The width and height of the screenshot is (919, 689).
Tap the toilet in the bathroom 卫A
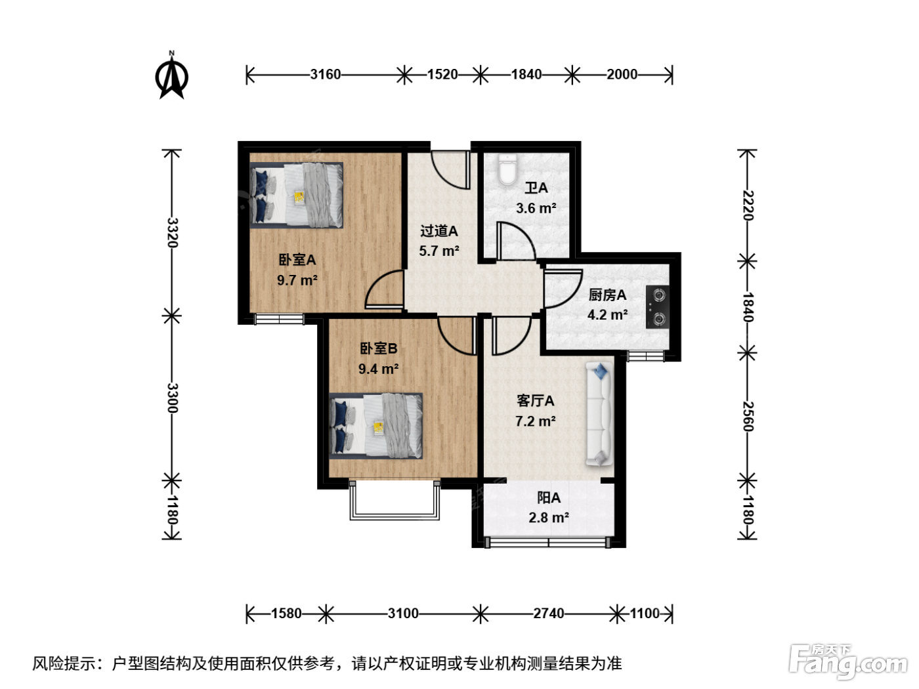click(x=507, y=169)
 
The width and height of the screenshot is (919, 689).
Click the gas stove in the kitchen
click(x=657, y=306)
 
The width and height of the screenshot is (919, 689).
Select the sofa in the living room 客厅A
click(x=599, y=414)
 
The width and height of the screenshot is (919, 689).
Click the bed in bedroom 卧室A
click(x=297, y=195)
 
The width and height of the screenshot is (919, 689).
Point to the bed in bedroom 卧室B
click(x=376, y=426)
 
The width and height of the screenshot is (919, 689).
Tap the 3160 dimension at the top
click(x=326, y=74)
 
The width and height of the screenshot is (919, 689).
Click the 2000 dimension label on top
click(x=622, y=74)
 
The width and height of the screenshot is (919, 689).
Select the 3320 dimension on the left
click(x=173, y=232)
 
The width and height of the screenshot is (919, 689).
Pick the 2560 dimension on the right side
click(x=748, y=417)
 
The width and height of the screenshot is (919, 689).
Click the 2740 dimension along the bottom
click(x=549, y=614)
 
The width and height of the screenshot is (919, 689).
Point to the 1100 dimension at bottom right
click(x=645, y=614)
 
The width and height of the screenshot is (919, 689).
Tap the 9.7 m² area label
click(x=297, y=280)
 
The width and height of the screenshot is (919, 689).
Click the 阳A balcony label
click(x=549, y=498)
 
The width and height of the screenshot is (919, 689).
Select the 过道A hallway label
click(x=438, y=231)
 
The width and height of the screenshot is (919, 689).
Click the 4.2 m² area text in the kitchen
click(x=607, y=314)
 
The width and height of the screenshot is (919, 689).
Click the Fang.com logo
click(x=848, y=662)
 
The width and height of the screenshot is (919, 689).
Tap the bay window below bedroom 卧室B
click(x=395, y=500)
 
